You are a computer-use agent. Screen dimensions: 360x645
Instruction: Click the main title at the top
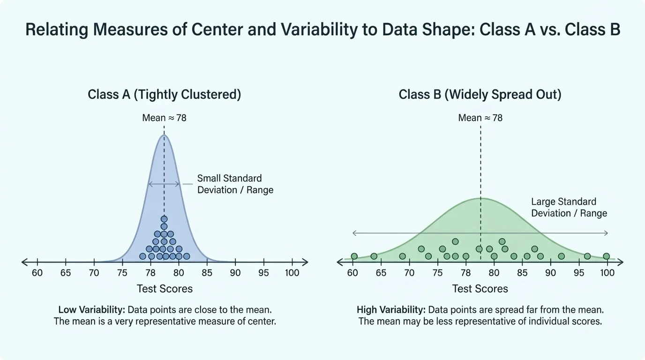pos(322,30)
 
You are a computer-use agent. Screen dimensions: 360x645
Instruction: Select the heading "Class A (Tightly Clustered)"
pos(164,94)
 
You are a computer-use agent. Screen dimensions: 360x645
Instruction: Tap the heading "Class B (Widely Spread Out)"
pos(480,94)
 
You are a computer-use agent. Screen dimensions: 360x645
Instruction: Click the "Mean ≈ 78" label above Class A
pos(164,118)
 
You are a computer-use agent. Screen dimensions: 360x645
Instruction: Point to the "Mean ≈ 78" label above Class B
pos(480,118)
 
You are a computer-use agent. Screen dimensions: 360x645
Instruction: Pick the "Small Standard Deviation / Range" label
pos(235,184)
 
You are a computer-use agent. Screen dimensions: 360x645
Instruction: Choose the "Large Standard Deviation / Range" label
pos(569,207)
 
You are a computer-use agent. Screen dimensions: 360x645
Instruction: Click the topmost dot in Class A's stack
pos(164,219)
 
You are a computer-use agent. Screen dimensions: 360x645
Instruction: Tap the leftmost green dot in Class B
pos(354,256)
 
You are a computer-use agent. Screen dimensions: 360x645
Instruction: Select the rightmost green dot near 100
pos(606,256)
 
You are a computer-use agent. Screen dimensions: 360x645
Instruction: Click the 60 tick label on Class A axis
pos(37,273)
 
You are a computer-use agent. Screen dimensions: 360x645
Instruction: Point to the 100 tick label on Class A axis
pos(292,273)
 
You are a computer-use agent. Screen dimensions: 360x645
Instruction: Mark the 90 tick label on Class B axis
pos(550,273)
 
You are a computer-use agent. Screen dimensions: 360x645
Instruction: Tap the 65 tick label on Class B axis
pos(381,273)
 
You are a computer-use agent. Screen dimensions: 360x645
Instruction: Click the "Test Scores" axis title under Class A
pos(165,289)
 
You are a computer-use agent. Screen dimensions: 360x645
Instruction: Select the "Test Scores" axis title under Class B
pos(480,289)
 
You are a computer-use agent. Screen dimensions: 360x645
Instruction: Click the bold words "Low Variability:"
pos(91,310)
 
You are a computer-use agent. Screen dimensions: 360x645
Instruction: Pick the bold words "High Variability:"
pos(391,310)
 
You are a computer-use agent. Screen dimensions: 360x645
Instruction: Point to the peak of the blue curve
pos(164,135)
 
